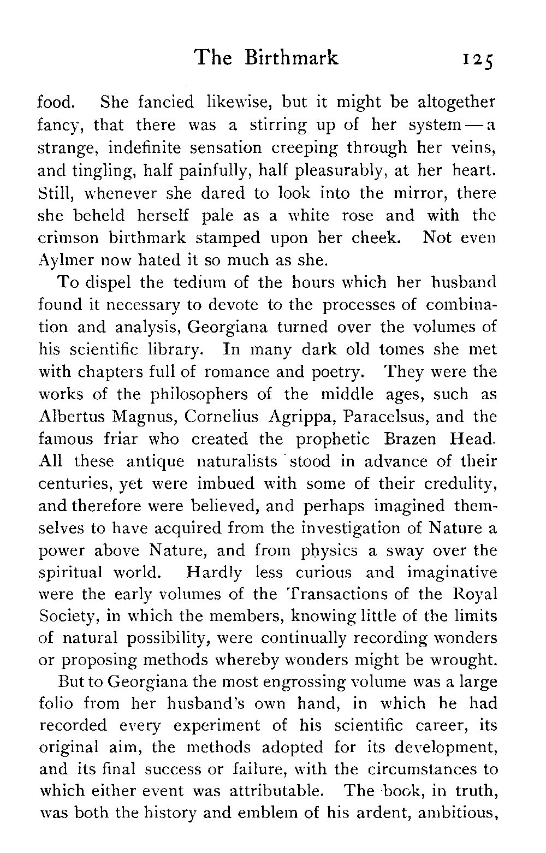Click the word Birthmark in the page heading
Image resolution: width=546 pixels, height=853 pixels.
[291, 57]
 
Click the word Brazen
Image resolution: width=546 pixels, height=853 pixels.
[414, 439]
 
